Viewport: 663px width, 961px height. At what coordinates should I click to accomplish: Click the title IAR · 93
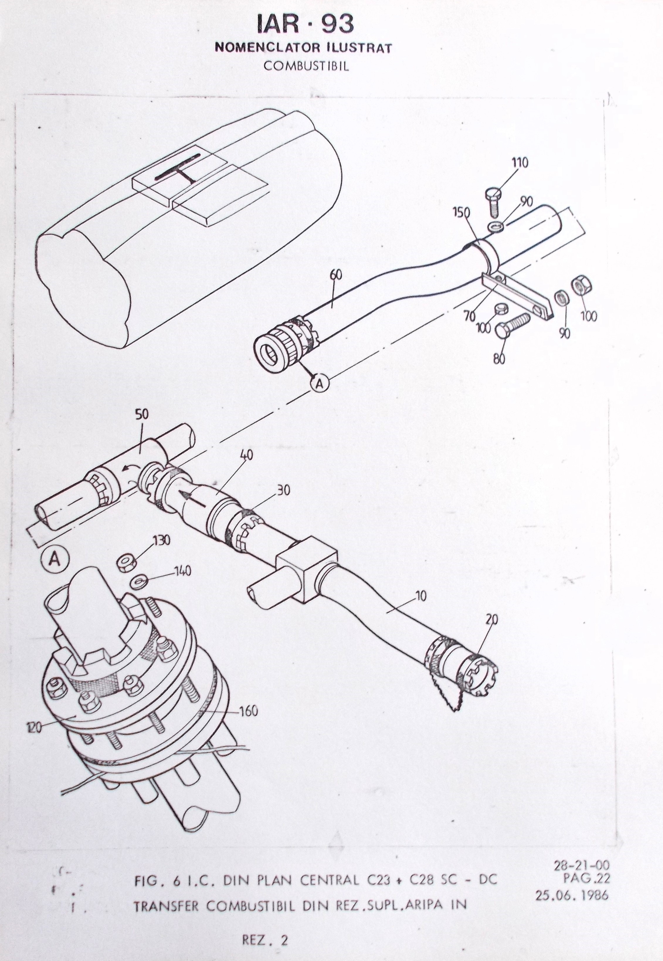305,24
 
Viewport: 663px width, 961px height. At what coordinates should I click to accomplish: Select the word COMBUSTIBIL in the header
306,66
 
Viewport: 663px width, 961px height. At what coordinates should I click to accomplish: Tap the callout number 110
519,162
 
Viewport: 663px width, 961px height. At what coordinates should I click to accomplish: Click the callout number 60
336,275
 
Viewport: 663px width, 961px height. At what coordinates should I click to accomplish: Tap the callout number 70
470,316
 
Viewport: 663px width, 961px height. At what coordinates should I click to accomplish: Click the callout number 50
142,414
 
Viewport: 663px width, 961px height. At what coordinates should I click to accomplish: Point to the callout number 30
284,491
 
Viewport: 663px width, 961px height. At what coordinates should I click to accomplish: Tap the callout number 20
491,619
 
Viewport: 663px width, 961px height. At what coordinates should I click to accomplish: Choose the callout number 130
162,540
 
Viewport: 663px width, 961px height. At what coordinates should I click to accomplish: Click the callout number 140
183,571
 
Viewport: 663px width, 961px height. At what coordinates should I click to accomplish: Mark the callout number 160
248,711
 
